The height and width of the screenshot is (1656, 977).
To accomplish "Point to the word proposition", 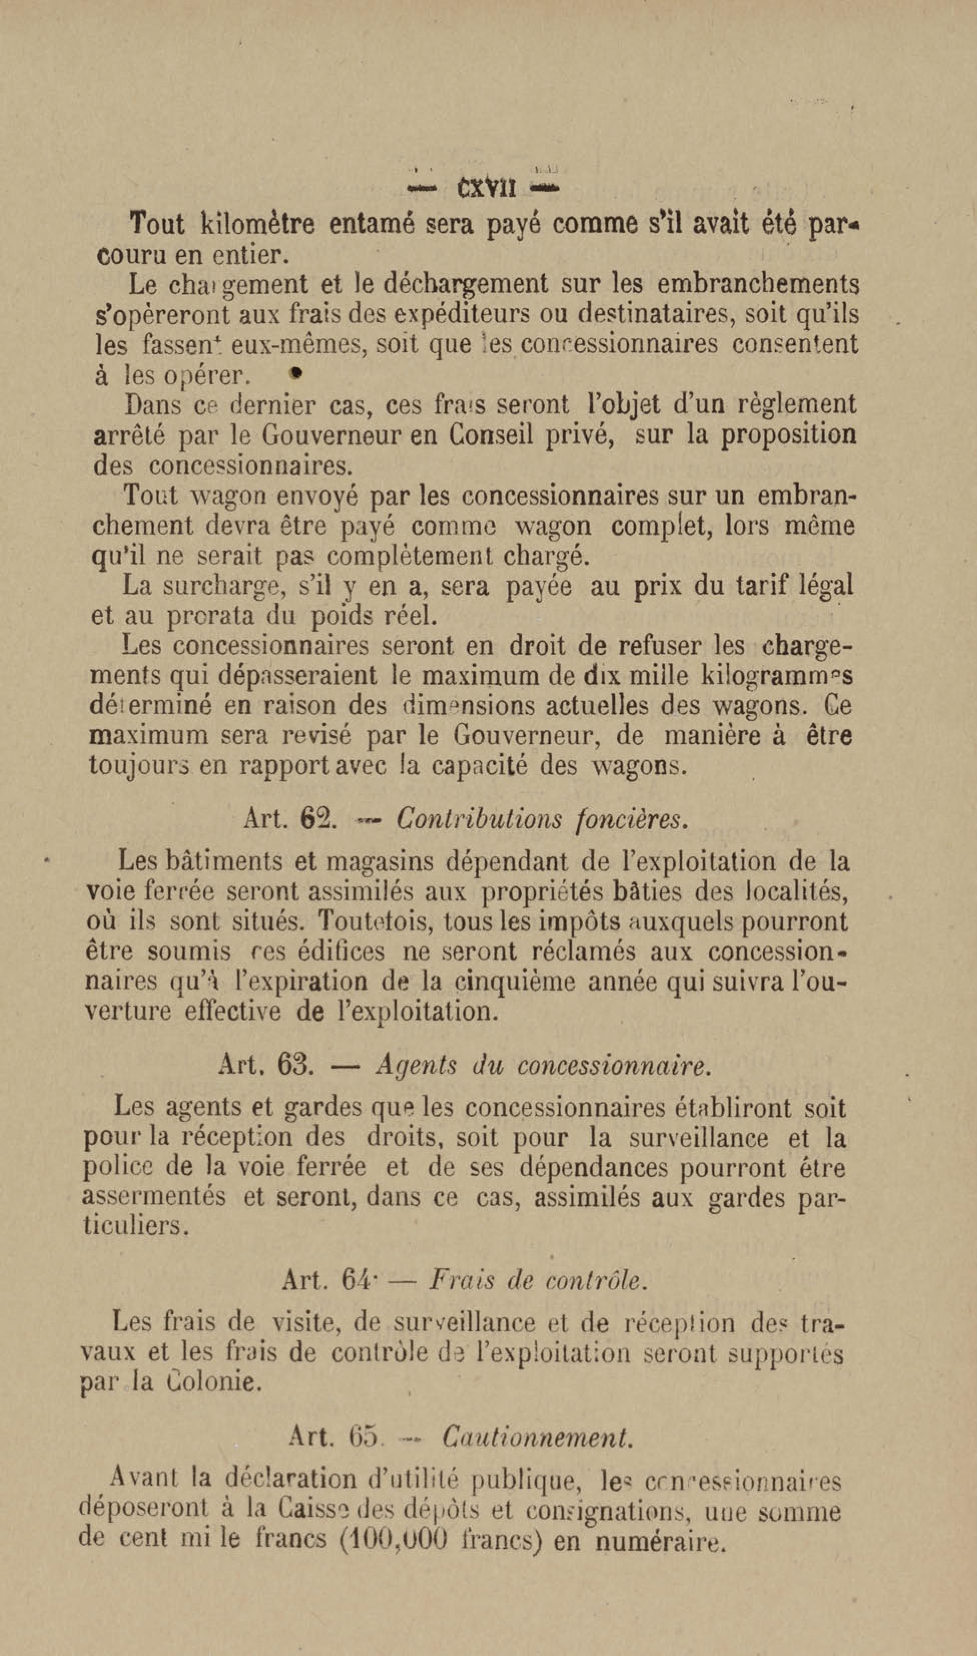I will [788, 435].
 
